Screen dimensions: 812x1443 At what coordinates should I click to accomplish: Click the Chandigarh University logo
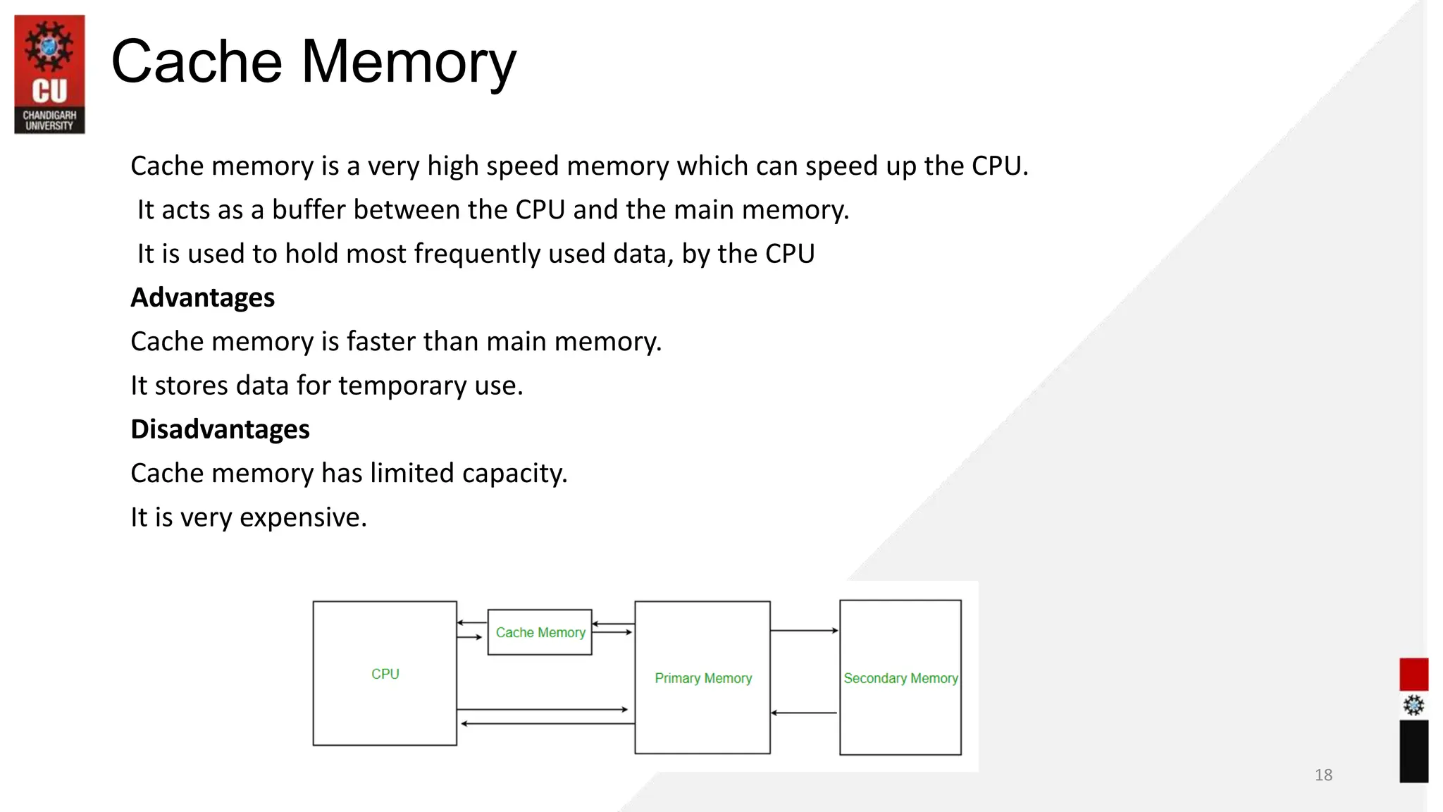(49, 74)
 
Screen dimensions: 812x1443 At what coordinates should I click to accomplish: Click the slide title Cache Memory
(314, 62)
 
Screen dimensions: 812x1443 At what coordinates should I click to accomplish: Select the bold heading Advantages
(203, 297)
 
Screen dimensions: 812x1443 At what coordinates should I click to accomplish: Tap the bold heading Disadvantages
(220, 429)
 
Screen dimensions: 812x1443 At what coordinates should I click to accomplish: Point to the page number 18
(1323, 775)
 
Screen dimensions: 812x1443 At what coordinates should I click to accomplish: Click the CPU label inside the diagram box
(385, 674)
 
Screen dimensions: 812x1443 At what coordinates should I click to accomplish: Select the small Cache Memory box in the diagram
(540, 632)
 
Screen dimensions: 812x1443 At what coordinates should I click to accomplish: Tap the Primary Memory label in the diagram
(703, 678)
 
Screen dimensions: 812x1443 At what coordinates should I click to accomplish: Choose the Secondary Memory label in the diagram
(900, 678)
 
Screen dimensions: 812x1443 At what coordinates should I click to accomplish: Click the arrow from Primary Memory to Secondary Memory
(804, 630)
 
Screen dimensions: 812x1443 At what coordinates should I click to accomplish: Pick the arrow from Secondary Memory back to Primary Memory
(804, 713)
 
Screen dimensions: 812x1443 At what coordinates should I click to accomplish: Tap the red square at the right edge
(1413, 674)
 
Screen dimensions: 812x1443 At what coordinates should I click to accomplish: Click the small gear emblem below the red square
(1413, 705)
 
